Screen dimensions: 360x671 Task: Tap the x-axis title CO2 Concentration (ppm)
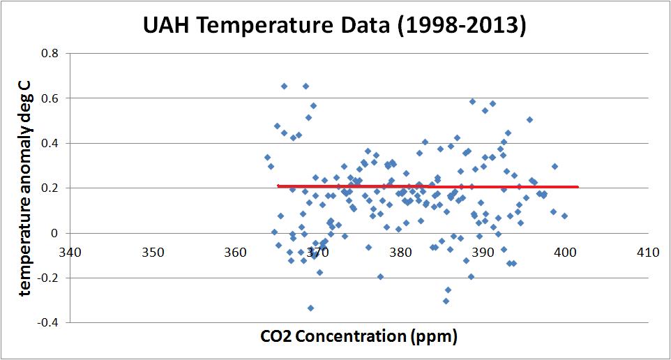tap(359, 337)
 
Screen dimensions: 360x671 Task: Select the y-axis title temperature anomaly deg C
tap(26, 188)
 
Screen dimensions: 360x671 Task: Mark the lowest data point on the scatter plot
tap(310, 308)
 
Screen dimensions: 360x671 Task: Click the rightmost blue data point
tap(564, 216)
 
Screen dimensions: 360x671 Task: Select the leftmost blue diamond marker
tap(267, 157)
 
